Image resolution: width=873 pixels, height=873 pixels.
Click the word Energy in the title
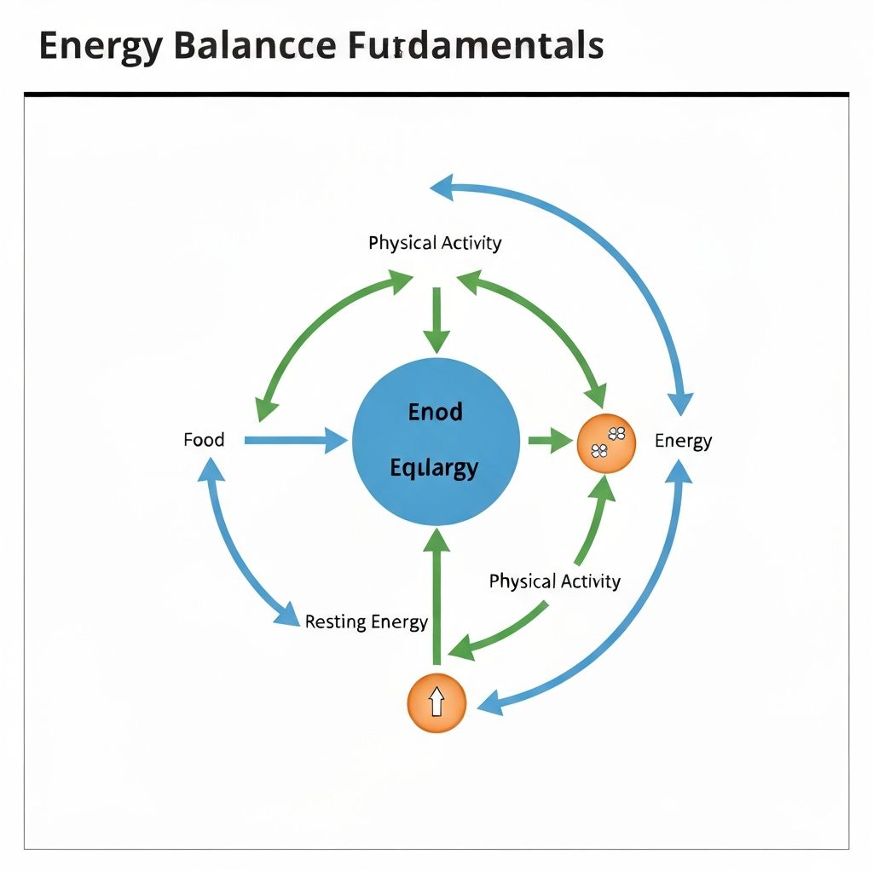pyautogui.click(x=99, y=46)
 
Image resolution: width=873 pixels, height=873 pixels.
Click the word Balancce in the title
pyautogui.click(x=253, y=46)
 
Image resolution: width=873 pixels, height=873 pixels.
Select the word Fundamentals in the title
pyautogui.click(x=475, y=46)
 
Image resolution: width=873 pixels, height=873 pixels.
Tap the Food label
pyautogui.click(x=204, y=440)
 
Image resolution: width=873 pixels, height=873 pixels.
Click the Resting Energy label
pyautogui.click(x=366, y=622)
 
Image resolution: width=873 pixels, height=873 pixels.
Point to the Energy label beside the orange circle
pyautogui.click(x=683, y=441)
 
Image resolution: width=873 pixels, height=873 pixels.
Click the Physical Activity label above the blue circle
pyautogui.click(x=435, y=243)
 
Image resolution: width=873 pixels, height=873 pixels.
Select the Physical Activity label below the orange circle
pyautogui.click(x=554, y=581)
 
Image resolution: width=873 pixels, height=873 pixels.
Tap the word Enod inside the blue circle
pyautogui.click(x=435, y=413)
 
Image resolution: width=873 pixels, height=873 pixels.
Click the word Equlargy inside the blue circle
pyautogui.click(x=434, y=467)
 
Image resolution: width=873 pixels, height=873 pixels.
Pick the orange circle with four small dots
pyautogui.click(x=606, y=443)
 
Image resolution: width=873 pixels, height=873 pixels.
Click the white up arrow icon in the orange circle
pyautogui.click(x=436, y=702)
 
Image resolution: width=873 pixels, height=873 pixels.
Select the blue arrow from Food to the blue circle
pyautogui.click(x=295, y=441)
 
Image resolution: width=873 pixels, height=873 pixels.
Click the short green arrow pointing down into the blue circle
pyautogui.click(x=436, y=321)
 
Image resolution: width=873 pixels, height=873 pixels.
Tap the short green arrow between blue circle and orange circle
pyautogui.click(x=549, y=441)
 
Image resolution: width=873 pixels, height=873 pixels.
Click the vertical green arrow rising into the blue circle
pyautogui.click(x=436, y=597)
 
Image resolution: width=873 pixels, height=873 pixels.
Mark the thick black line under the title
pyautogui.click(x=436, y=93)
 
